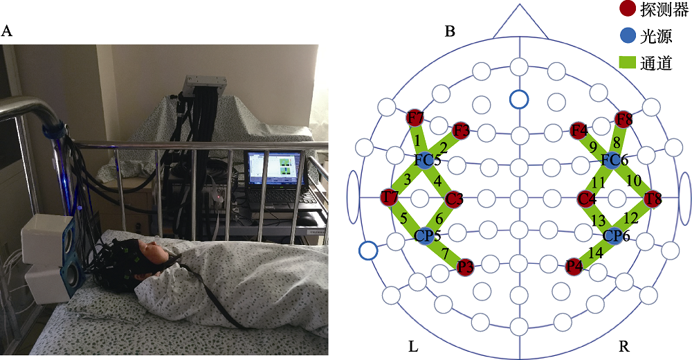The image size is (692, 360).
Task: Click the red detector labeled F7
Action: point(416,117)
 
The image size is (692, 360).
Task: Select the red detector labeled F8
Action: point(623,117)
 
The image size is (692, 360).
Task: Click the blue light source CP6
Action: point(614,236)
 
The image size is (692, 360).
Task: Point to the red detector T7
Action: point(390,199)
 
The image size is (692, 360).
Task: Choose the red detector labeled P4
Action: point(574,266)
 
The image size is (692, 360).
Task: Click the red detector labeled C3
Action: point(454,199)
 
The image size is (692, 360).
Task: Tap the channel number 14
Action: point(594,253)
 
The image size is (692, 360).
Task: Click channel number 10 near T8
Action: point(634,181)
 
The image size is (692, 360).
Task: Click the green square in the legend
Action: point(630,63)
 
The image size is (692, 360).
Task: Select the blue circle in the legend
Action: point(630,36)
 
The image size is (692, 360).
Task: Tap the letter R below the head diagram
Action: point(624,345)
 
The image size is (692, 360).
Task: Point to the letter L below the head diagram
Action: point(413,345)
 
